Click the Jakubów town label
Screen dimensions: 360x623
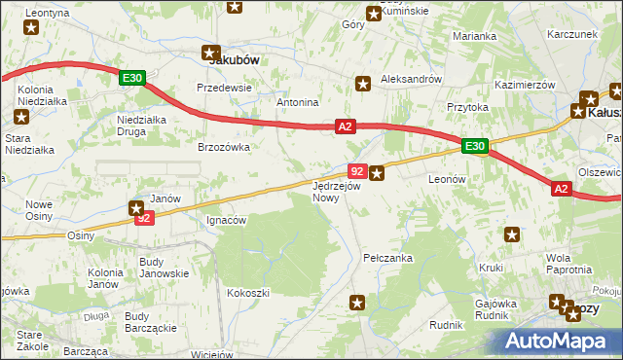234,59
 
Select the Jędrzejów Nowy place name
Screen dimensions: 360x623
337,191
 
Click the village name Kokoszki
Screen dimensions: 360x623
247,292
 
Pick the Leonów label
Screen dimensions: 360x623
449,180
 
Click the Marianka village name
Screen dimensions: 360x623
474,36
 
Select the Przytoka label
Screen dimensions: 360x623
466,108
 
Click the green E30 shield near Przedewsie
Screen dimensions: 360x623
133,78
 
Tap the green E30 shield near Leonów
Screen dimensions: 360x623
474,146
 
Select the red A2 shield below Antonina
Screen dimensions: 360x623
346,126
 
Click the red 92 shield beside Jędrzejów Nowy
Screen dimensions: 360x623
356,171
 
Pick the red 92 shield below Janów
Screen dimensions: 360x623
144,219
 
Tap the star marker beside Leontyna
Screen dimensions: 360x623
32,28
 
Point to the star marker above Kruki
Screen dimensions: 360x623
512,234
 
